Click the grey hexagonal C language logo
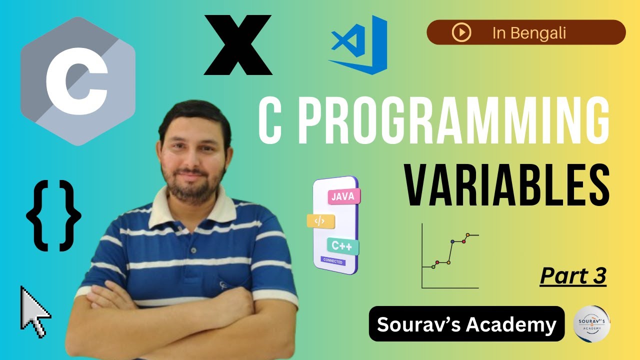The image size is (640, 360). [77, 81]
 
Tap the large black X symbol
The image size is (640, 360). [238, 45]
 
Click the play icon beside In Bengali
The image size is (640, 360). [461, 32]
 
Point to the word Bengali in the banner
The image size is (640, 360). [543, 33]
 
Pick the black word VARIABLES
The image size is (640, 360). [506, 187]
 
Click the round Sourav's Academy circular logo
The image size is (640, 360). [591, 323]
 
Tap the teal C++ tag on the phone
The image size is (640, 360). [342, 245]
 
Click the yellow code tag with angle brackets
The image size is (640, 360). [320, 220]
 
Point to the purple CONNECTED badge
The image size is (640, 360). [332, 261]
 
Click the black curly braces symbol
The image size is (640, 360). [53, 215]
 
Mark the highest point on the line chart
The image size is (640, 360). [468, 234]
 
